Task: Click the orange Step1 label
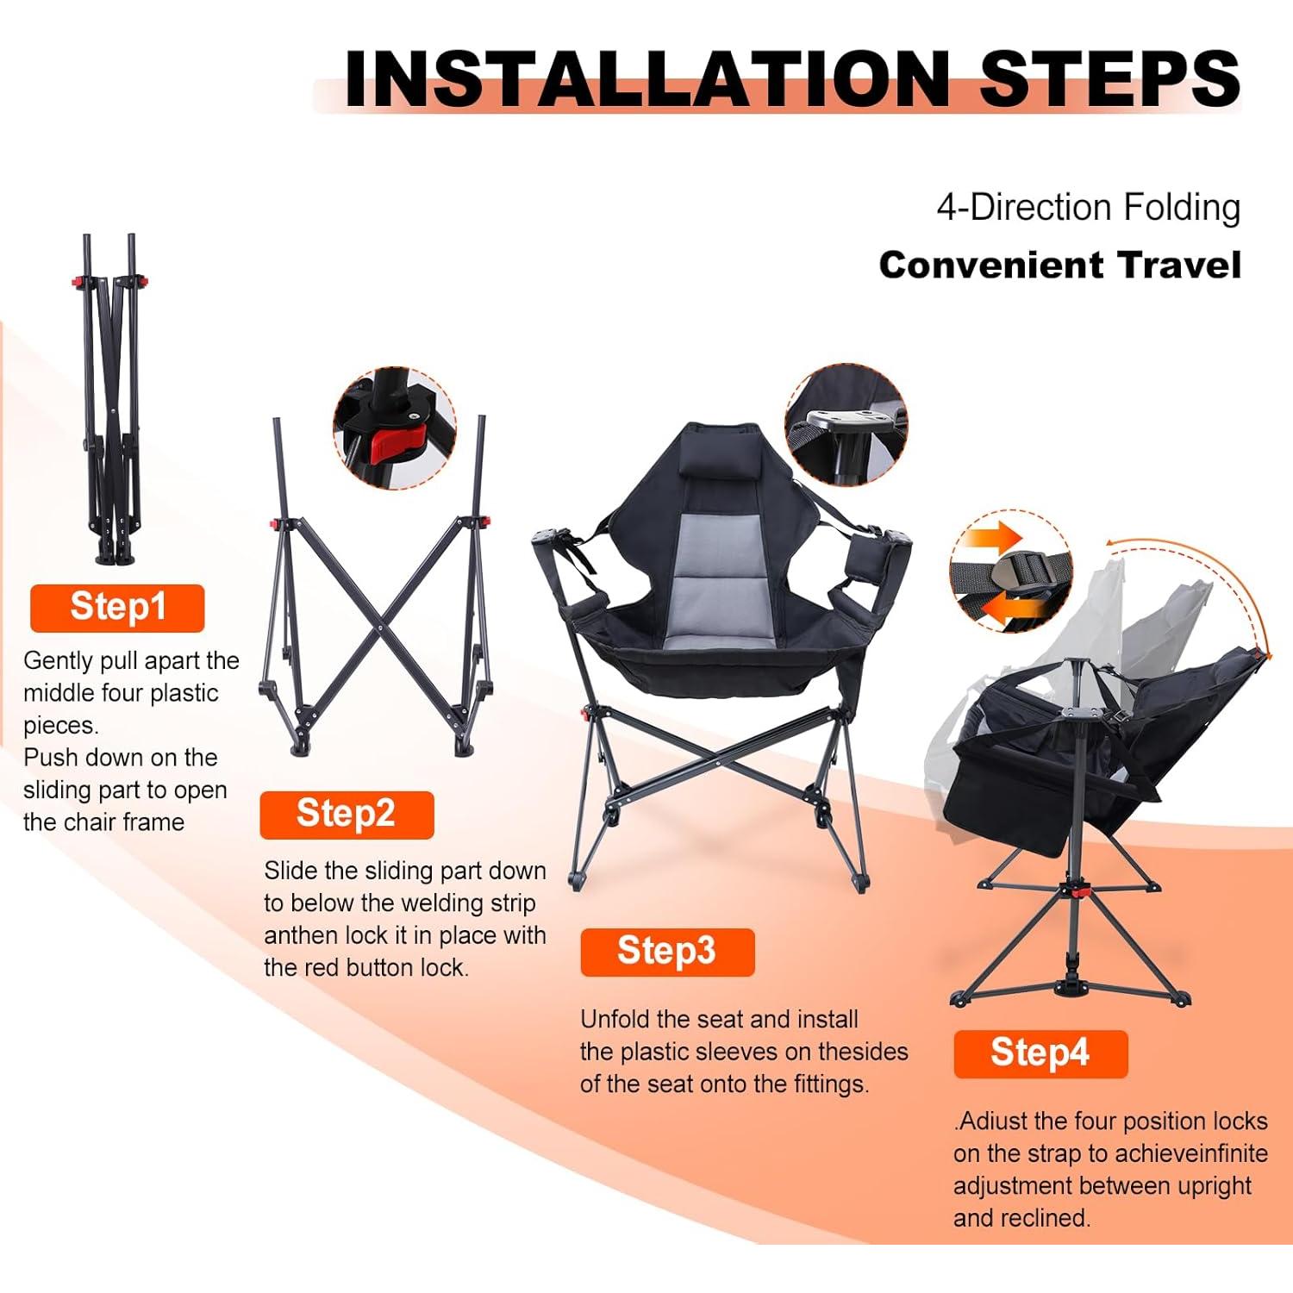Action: [117, 608]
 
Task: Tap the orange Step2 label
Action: [346, 815]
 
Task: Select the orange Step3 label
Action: [666, 952]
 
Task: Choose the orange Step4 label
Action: [1040, 1053]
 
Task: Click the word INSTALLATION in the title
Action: [646, 79]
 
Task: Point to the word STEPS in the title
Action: [1109, 79]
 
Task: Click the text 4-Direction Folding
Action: [1088, 209]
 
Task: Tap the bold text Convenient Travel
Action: [1059, 265]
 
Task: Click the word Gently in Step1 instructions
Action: [58, 661]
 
